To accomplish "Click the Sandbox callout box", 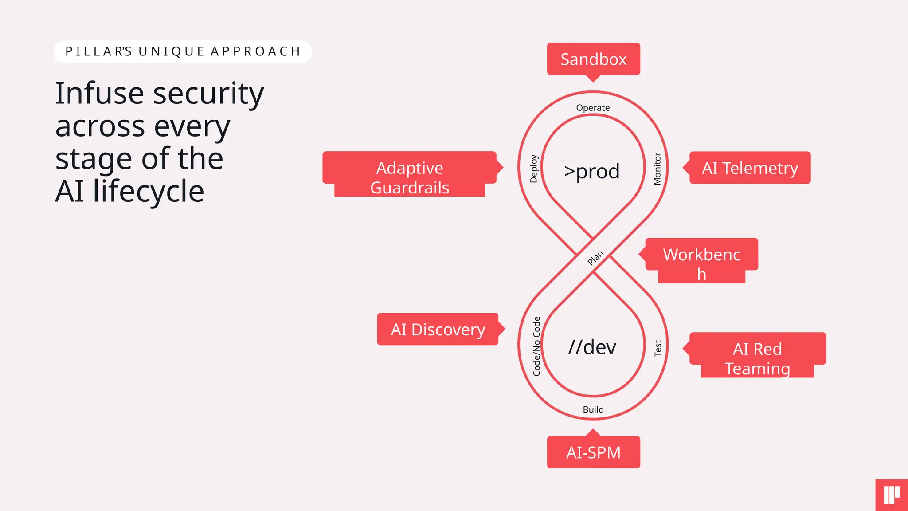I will (x=593, y=59).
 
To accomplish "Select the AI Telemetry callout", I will (x=750, y=168).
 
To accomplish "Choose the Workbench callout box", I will (x=701, y=259).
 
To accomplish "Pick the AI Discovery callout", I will (x=438, y=329).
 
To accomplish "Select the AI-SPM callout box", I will (x=593, y=452).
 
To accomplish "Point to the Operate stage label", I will (x=593, y=108).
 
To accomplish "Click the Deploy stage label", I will (x=534, y=169).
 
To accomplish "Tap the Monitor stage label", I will (x=657, y=169).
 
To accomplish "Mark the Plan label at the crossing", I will (x=595, y=258).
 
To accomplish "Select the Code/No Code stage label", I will (x=536, y=346).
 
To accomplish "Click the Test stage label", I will (x=658, y=348).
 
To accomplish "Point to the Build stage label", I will (x=593, y=409).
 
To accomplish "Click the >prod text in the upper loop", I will (x=592, y=171).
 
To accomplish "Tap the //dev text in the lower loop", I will (x=592, y=347).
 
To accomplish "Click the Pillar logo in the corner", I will (x=892, y=495).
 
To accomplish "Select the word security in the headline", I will (x=208, y=94).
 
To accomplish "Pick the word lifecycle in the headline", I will (x=149, y=192).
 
